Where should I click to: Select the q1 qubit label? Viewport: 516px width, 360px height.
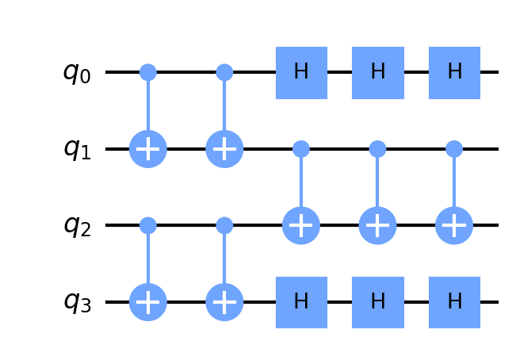point(77,149)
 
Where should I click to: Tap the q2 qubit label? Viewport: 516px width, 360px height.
point(77,226)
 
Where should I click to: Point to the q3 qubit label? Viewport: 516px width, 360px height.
point(77,303)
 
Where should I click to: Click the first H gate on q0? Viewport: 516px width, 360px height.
point(301,72)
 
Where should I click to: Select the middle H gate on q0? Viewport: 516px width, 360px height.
point(378,72)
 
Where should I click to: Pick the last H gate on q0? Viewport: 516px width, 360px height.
point(454,72)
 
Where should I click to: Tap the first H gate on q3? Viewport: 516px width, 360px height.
point(301,302)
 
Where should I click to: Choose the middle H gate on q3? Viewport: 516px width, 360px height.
point(378,302)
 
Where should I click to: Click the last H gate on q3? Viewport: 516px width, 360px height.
point(454,302)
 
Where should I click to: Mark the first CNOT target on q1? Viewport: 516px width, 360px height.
point(147,149)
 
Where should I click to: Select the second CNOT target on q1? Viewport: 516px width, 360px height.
point(224,149)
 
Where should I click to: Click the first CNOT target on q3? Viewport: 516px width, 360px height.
point(147,302)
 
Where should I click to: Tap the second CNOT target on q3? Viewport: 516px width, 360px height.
point(224,302)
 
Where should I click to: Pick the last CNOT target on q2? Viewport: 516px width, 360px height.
point(454,226)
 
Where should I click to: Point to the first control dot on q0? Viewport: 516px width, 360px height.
point(147,72)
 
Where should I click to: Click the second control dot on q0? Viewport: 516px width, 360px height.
point(224,72)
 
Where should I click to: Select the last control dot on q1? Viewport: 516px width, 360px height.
point(454,149)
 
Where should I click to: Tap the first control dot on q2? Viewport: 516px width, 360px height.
point(147,226)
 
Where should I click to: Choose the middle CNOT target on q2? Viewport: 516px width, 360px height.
point(378,226)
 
